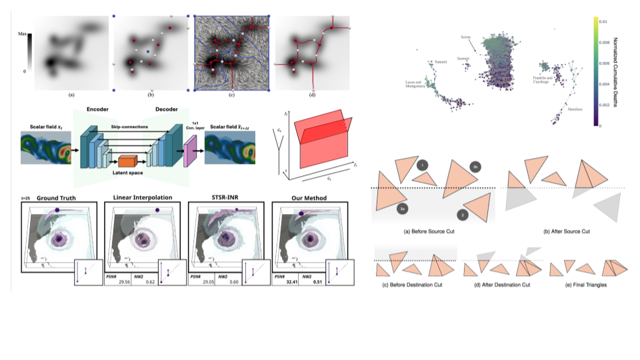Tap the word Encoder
97,109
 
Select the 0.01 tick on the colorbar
603,22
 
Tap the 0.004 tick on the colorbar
604,84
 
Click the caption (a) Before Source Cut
433,231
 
